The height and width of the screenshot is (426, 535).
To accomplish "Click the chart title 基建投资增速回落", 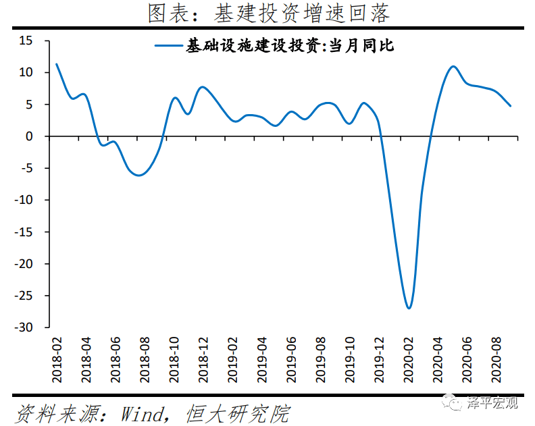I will (268, 13).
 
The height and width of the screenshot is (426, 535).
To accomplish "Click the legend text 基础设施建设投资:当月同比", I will (290, 46).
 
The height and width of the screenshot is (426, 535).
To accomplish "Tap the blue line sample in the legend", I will (169, 46).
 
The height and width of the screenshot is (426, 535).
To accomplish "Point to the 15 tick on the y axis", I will (26, 41).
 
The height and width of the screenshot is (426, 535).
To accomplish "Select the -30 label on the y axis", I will (24, 327).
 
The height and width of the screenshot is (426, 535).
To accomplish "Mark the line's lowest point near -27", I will (409, 308).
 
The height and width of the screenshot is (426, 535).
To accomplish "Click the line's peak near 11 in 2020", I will (453, 66).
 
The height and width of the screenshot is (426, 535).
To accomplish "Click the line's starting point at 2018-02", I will (56, 64).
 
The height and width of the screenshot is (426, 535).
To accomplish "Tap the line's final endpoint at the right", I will (511, 106).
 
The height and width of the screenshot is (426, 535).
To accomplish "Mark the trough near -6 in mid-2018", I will (139, 175).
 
